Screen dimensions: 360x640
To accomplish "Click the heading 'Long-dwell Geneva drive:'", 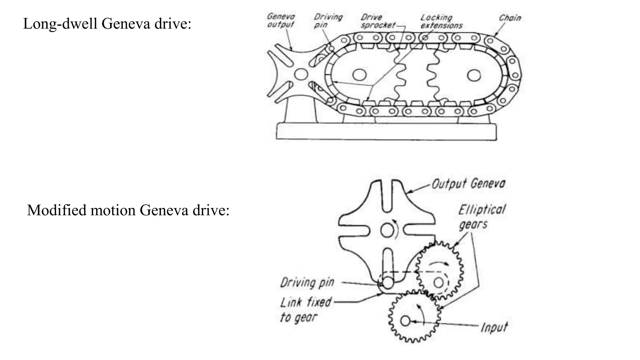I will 107,24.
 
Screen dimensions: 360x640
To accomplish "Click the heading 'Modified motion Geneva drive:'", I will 128,210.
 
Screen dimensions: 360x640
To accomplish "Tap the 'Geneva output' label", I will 281,20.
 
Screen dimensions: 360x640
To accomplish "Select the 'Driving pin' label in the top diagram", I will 328,21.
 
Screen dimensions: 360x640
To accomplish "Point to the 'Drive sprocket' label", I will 377,21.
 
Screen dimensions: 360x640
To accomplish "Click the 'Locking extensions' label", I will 441,21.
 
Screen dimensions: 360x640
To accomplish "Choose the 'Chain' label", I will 510,18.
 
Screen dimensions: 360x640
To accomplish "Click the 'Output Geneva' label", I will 468,183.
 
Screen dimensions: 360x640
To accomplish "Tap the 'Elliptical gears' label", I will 481,217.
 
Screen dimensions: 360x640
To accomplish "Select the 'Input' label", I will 494,327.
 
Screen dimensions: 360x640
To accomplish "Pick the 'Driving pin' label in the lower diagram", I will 307,282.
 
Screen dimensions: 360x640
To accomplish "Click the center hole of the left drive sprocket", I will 359,75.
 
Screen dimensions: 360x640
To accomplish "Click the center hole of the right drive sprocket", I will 474,75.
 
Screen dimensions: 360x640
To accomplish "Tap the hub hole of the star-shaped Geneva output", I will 301,74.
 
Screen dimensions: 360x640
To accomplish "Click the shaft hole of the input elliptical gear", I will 405,321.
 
